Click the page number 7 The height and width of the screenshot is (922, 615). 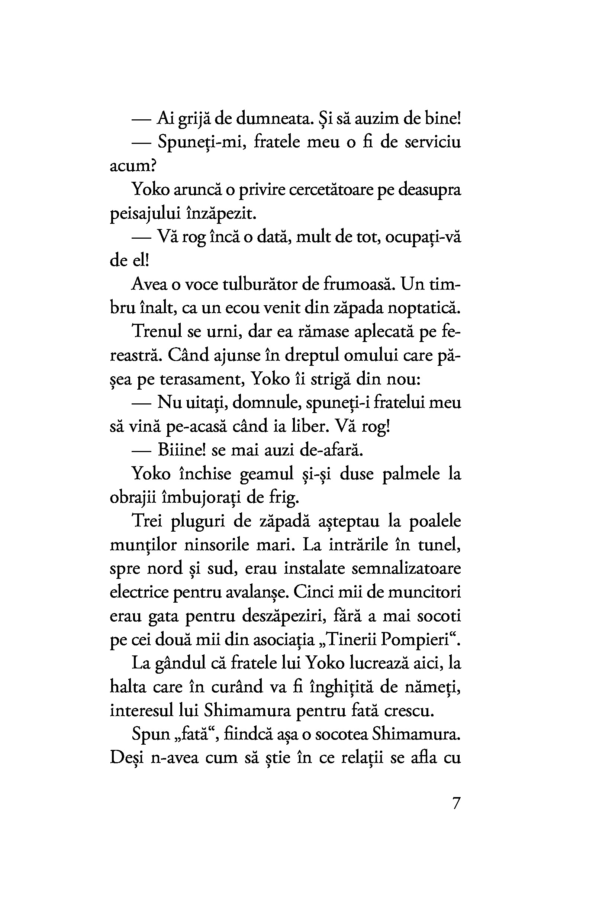[456, 804]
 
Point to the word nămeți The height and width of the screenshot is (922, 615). [436, 688]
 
